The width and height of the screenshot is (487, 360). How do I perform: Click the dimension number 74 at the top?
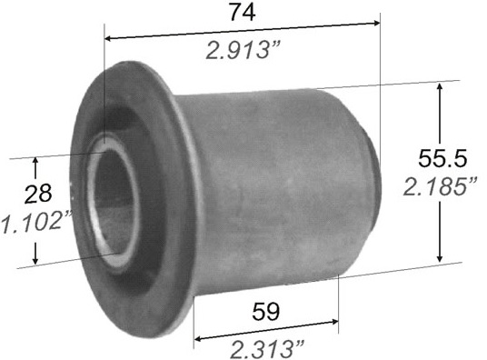[243, 13]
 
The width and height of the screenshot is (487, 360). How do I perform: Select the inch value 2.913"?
[243, 50]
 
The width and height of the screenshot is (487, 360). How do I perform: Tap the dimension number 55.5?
[442, 158]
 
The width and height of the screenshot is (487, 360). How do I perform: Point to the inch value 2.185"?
[439, 186]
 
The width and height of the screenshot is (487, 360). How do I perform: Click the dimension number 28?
[38, 194]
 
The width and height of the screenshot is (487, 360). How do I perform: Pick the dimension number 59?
[265, 311]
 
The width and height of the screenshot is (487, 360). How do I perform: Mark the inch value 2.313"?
[267, 349]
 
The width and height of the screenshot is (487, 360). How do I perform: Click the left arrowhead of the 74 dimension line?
[108, 38]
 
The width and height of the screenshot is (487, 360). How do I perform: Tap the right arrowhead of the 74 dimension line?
[376, 23]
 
